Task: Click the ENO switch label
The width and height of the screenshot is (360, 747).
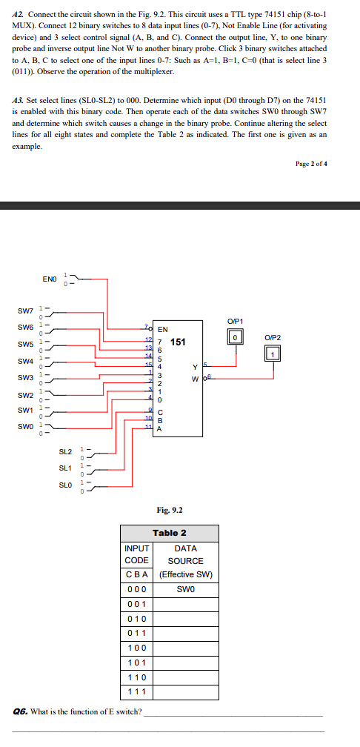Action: (49, 279)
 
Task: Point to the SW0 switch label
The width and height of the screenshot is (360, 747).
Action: (25, 426)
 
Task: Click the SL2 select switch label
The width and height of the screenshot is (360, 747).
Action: (65, 451)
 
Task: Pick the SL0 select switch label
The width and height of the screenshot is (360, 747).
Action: (65, 485)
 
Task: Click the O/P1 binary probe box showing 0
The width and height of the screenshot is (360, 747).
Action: (235, 337)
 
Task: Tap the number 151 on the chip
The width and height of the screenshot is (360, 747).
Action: (178, 342)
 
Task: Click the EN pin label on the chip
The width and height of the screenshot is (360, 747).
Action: (162, 328)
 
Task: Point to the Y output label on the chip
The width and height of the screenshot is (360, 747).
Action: (194, 367)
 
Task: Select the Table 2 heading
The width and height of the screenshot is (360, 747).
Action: (170, 533)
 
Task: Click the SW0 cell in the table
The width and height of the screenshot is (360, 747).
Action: (185, 589)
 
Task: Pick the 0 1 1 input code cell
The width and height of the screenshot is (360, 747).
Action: (137, 633)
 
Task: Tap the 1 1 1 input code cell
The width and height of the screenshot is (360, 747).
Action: (137, 692)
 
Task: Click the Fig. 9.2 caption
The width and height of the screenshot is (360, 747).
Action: (170, 510)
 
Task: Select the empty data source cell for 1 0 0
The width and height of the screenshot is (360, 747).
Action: (185, 648)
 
